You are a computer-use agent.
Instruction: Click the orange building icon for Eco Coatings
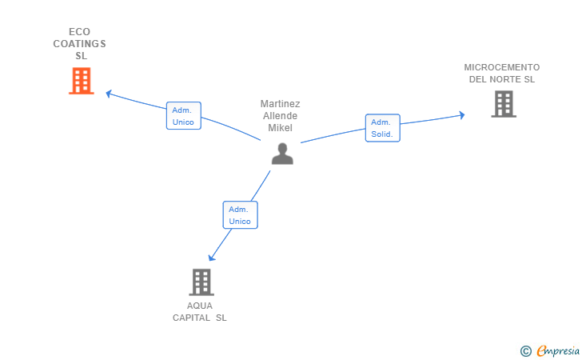pos(82,81)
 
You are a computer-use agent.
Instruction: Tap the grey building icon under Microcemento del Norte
pos(504,104)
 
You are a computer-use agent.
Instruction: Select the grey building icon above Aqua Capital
pos(201,282)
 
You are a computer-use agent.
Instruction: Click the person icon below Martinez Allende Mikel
pos(282,154)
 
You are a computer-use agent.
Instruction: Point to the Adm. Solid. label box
pos(383,128)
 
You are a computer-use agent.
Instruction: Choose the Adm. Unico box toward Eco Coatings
pos(184,115)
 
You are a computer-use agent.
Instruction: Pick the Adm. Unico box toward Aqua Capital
pos(240,214)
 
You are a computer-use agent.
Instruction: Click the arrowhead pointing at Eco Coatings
pos(109,94)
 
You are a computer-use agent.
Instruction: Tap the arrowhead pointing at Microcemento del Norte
pos(462,114)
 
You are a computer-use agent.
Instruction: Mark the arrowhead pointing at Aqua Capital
pos(211,257)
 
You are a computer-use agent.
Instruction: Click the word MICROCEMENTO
pos(502,67)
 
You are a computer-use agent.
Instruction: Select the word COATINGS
pos(79,44)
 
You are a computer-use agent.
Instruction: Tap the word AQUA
pos(200,306)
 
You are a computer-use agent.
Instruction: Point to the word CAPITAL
pos(192,318)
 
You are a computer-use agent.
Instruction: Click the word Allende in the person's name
pos(281,116)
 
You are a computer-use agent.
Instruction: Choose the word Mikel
pos(281,128)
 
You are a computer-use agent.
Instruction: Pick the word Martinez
pos(281,104)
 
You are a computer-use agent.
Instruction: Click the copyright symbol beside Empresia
pos(526,351)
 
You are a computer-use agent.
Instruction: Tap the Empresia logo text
pos(558,350)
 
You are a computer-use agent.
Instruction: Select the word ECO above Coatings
pos(79,31)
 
